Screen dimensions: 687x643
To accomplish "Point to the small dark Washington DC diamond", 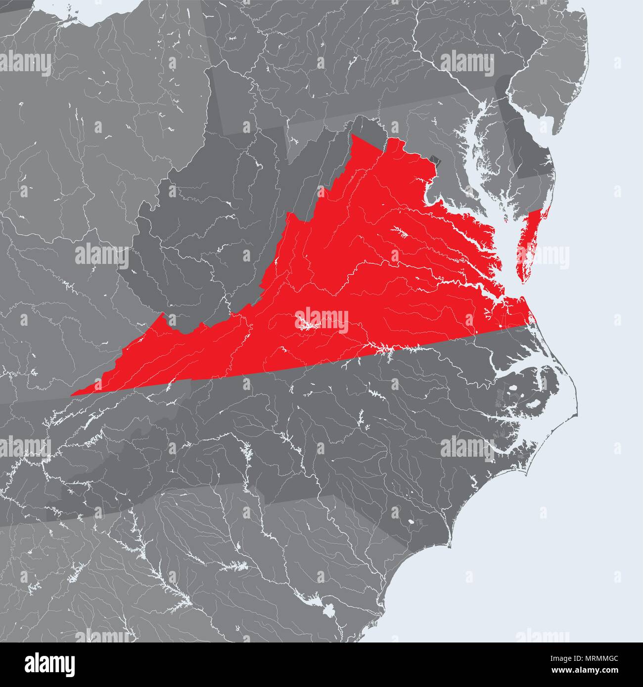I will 435,160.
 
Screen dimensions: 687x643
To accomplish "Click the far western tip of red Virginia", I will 73,394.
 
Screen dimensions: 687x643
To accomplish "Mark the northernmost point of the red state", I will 354,135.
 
